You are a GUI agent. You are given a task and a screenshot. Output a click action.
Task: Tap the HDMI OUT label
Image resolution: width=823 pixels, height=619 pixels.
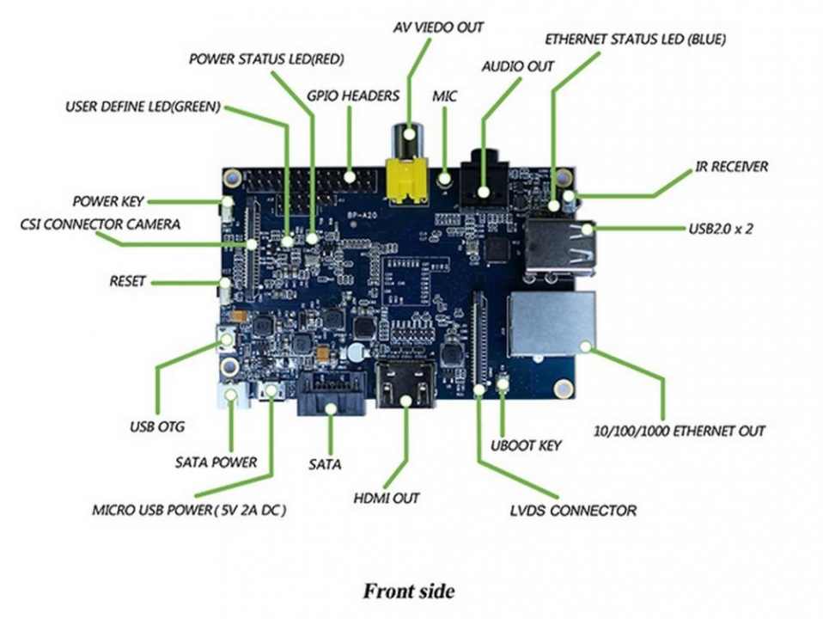386,498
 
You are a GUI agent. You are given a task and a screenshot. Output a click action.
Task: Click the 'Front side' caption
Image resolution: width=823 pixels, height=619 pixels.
408,591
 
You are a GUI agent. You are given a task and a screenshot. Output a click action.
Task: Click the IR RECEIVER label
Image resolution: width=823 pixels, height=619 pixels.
732,166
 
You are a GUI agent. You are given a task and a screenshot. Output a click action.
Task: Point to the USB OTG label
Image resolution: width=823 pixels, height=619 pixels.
157,426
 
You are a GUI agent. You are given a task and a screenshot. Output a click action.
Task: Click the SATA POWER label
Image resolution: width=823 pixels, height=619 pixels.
216,463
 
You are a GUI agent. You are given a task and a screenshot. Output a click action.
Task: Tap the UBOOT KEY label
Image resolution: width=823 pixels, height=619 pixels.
526,445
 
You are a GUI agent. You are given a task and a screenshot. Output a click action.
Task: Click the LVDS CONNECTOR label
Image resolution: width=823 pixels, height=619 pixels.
573,511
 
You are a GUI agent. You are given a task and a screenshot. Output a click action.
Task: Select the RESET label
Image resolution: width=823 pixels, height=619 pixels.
128,281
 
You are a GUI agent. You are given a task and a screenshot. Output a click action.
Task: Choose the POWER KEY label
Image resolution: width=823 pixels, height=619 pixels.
107,201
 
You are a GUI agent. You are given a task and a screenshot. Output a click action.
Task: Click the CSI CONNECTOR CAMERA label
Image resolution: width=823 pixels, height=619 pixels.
100,224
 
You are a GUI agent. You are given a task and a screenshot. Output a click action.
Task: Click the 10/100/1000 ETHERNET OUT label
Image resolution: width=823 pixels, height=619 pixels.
680,431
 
